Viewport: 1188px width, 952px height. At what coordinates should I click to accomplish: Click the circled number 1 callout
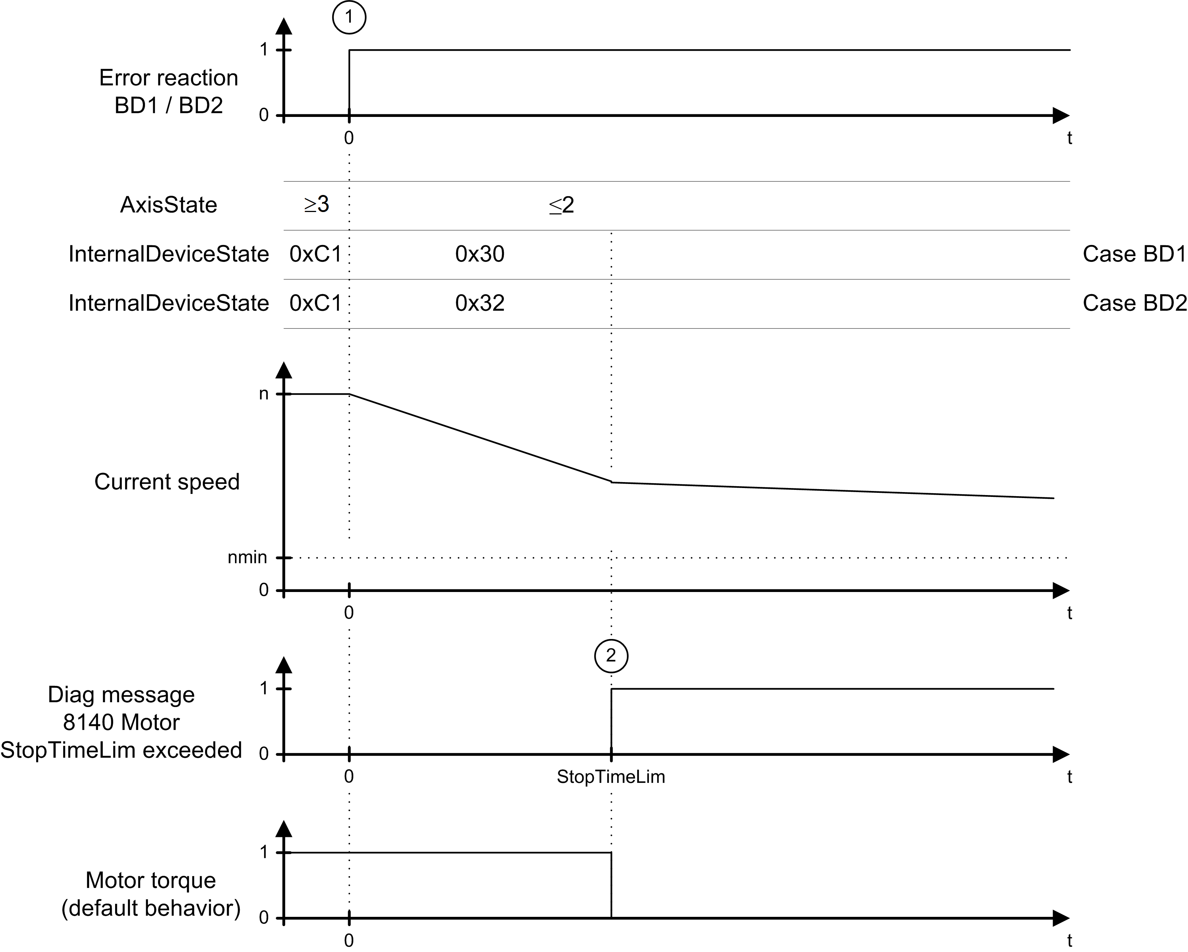349,17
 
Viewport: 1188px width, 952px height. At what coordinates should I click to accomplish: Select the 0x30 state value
479,254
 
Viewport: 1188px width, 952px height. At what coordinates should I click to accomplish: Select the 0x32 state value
479,303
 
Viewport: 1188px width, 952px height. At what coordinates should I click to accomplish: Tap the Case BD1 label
1134,254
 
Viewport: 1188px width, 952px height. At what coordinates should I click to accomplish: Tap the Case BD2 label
1134,303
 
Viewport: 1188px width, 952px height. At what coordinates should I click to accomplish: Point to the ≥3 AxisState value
316,204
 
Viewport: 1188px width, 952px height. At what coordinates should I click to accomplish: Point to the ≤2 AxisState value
562,205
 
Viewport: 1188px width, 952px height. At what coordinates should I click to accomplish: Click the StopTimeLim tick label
610,777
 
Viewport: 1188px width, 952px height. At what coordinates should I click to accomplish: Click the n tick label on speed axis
264,394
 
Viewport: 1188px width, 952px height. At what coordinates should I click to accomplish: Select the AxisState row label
169,205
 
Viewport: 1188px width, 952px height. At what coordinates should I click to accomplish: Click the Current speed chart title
167,481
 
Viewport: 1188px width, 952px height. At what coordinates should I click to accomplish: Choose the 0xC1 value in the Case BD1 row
315,254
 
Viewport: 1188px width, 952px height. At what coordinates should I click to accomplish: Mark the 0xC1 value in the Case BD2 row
315,303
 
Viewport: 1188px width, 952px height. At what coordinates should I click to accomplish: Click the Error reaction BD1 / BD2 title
169,91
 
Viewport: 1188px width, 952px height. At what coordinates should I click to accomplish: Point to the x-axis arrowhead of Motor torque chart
1061,918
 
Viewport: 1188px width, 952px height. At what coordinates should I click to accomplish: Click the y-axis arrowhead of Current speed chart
284,370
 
